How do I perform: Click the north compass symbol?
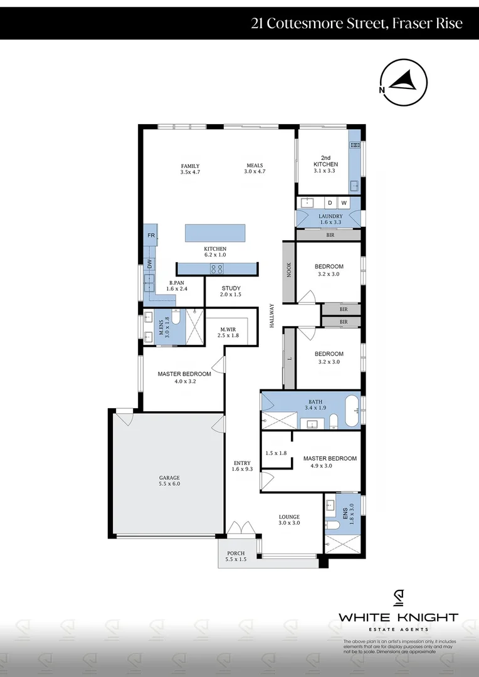[404, 83]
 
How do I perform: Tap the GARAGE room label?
[169, 478]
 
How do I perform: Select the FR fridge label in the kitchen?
[151, 235]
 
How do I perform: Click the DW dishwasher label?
[150, 265]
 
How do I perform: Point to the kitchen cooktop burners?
[217, 269]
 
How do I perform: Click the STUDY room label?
[231, 288]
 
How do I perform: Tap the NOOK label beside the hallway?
[289, 270]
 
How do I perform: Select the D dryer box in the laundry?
[330, 202]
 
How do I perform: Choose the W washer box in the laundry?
[344, 202]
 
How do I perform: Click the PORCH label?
[236, 553]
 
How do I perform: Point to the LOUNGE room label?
[289, 517]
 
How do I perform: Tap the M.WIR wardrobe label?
[228, 330]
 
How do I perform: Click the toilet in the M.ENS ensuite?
[176, 317]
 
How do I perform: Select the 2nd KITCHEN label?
[325, 161]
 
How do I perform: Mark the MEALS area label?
[255, 165]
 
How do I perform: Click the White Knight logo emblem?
[399, 599]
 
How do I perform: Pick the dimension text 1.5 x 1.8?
[276, 453]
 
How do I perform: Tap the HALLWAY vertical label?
[272, 315]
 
